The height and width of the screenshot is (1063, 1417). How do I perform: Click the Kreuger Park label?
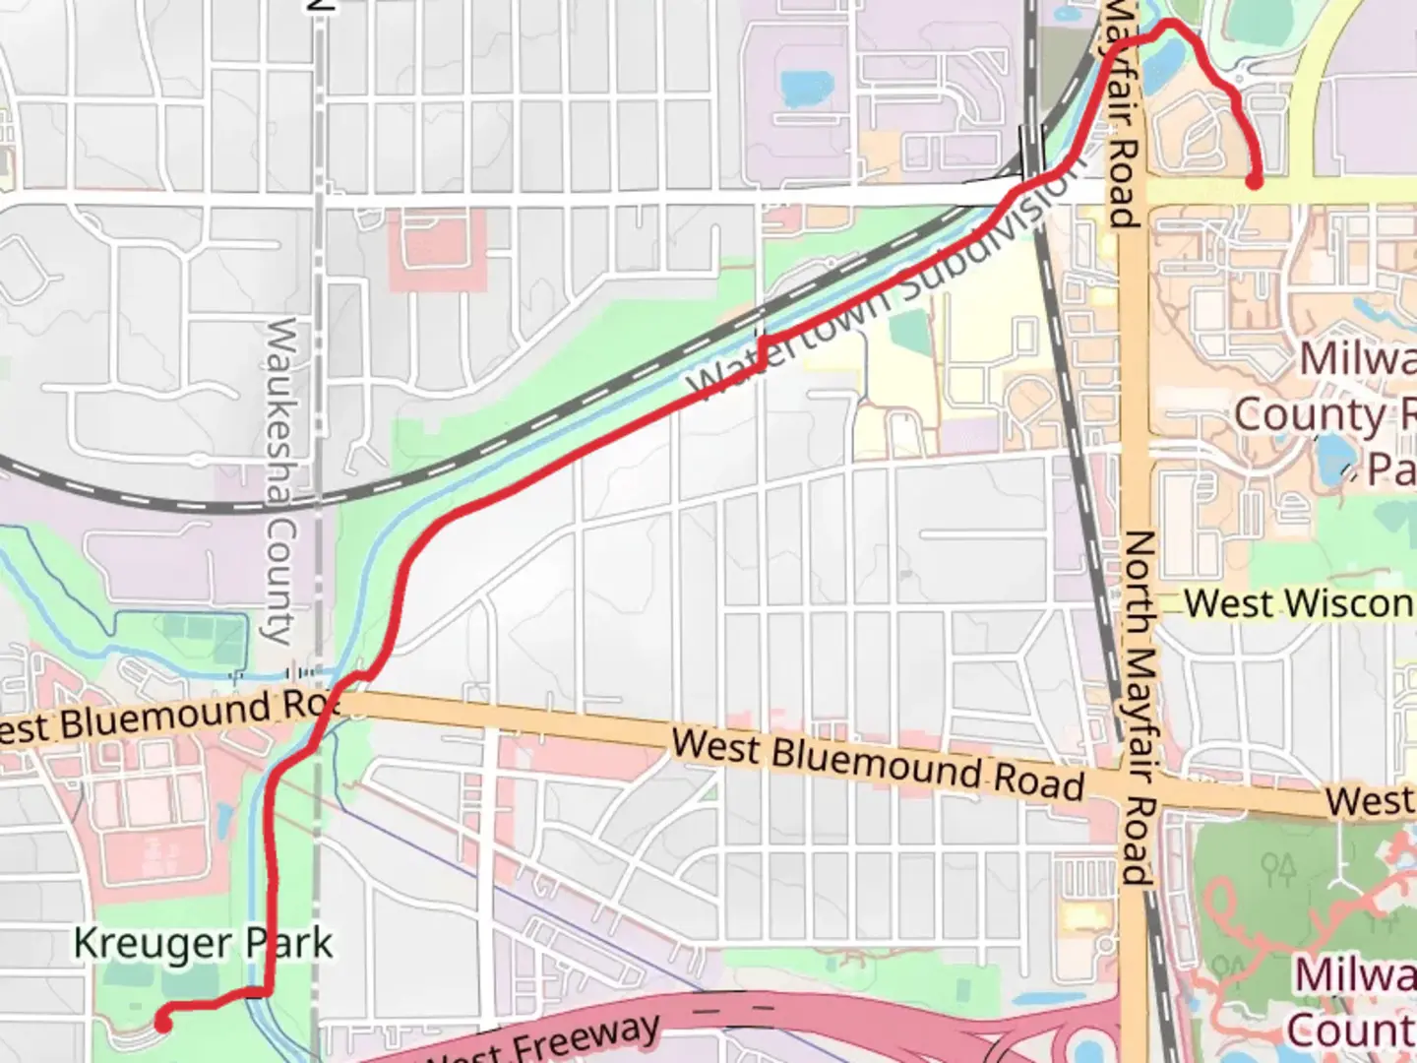click(204, 943)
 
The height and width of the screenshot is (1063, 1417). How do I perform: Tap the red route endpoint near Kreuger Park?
click(163, 1024)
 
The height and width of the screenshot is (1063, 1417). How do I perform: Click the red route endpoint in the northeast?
click(1255, 181)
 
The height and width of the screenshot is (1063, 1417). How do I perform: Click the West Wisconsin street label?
click(1299, 602)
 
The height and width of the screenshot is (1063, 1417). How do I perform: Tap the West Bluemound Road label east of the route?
click(878, 764)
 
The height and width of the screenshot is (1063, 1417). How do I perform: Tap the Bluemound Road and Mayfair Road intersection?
click(1141, 787)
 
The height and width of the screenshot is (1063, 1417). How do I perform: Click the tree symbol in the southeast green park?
click(1278, 867)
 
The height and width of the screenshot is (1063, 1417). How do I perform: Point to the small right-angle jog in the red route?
click(763, 350)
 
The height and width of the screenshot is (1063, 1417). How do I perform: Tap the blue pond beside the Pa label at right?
click(1335, 455)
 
